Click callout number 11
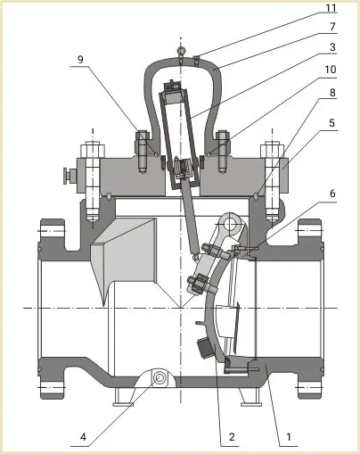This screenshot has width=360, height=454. (331, 8)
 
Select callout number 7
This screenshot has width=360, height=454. (332, 27)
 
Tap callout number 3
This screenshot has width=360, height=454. (332, 47)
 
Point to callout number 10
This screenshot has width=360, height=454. (330, 70)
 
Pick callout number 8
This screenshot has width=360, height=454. (332, 93)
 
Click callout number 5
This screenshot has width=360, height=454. (332, 122)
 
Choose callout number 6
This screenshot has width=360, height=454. (332, 194)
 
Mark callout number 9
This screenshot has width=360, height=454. (80, 59)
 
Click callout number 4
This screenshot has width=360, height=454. (83, 437)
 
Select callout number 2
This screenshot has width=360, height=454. (232, 437)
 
